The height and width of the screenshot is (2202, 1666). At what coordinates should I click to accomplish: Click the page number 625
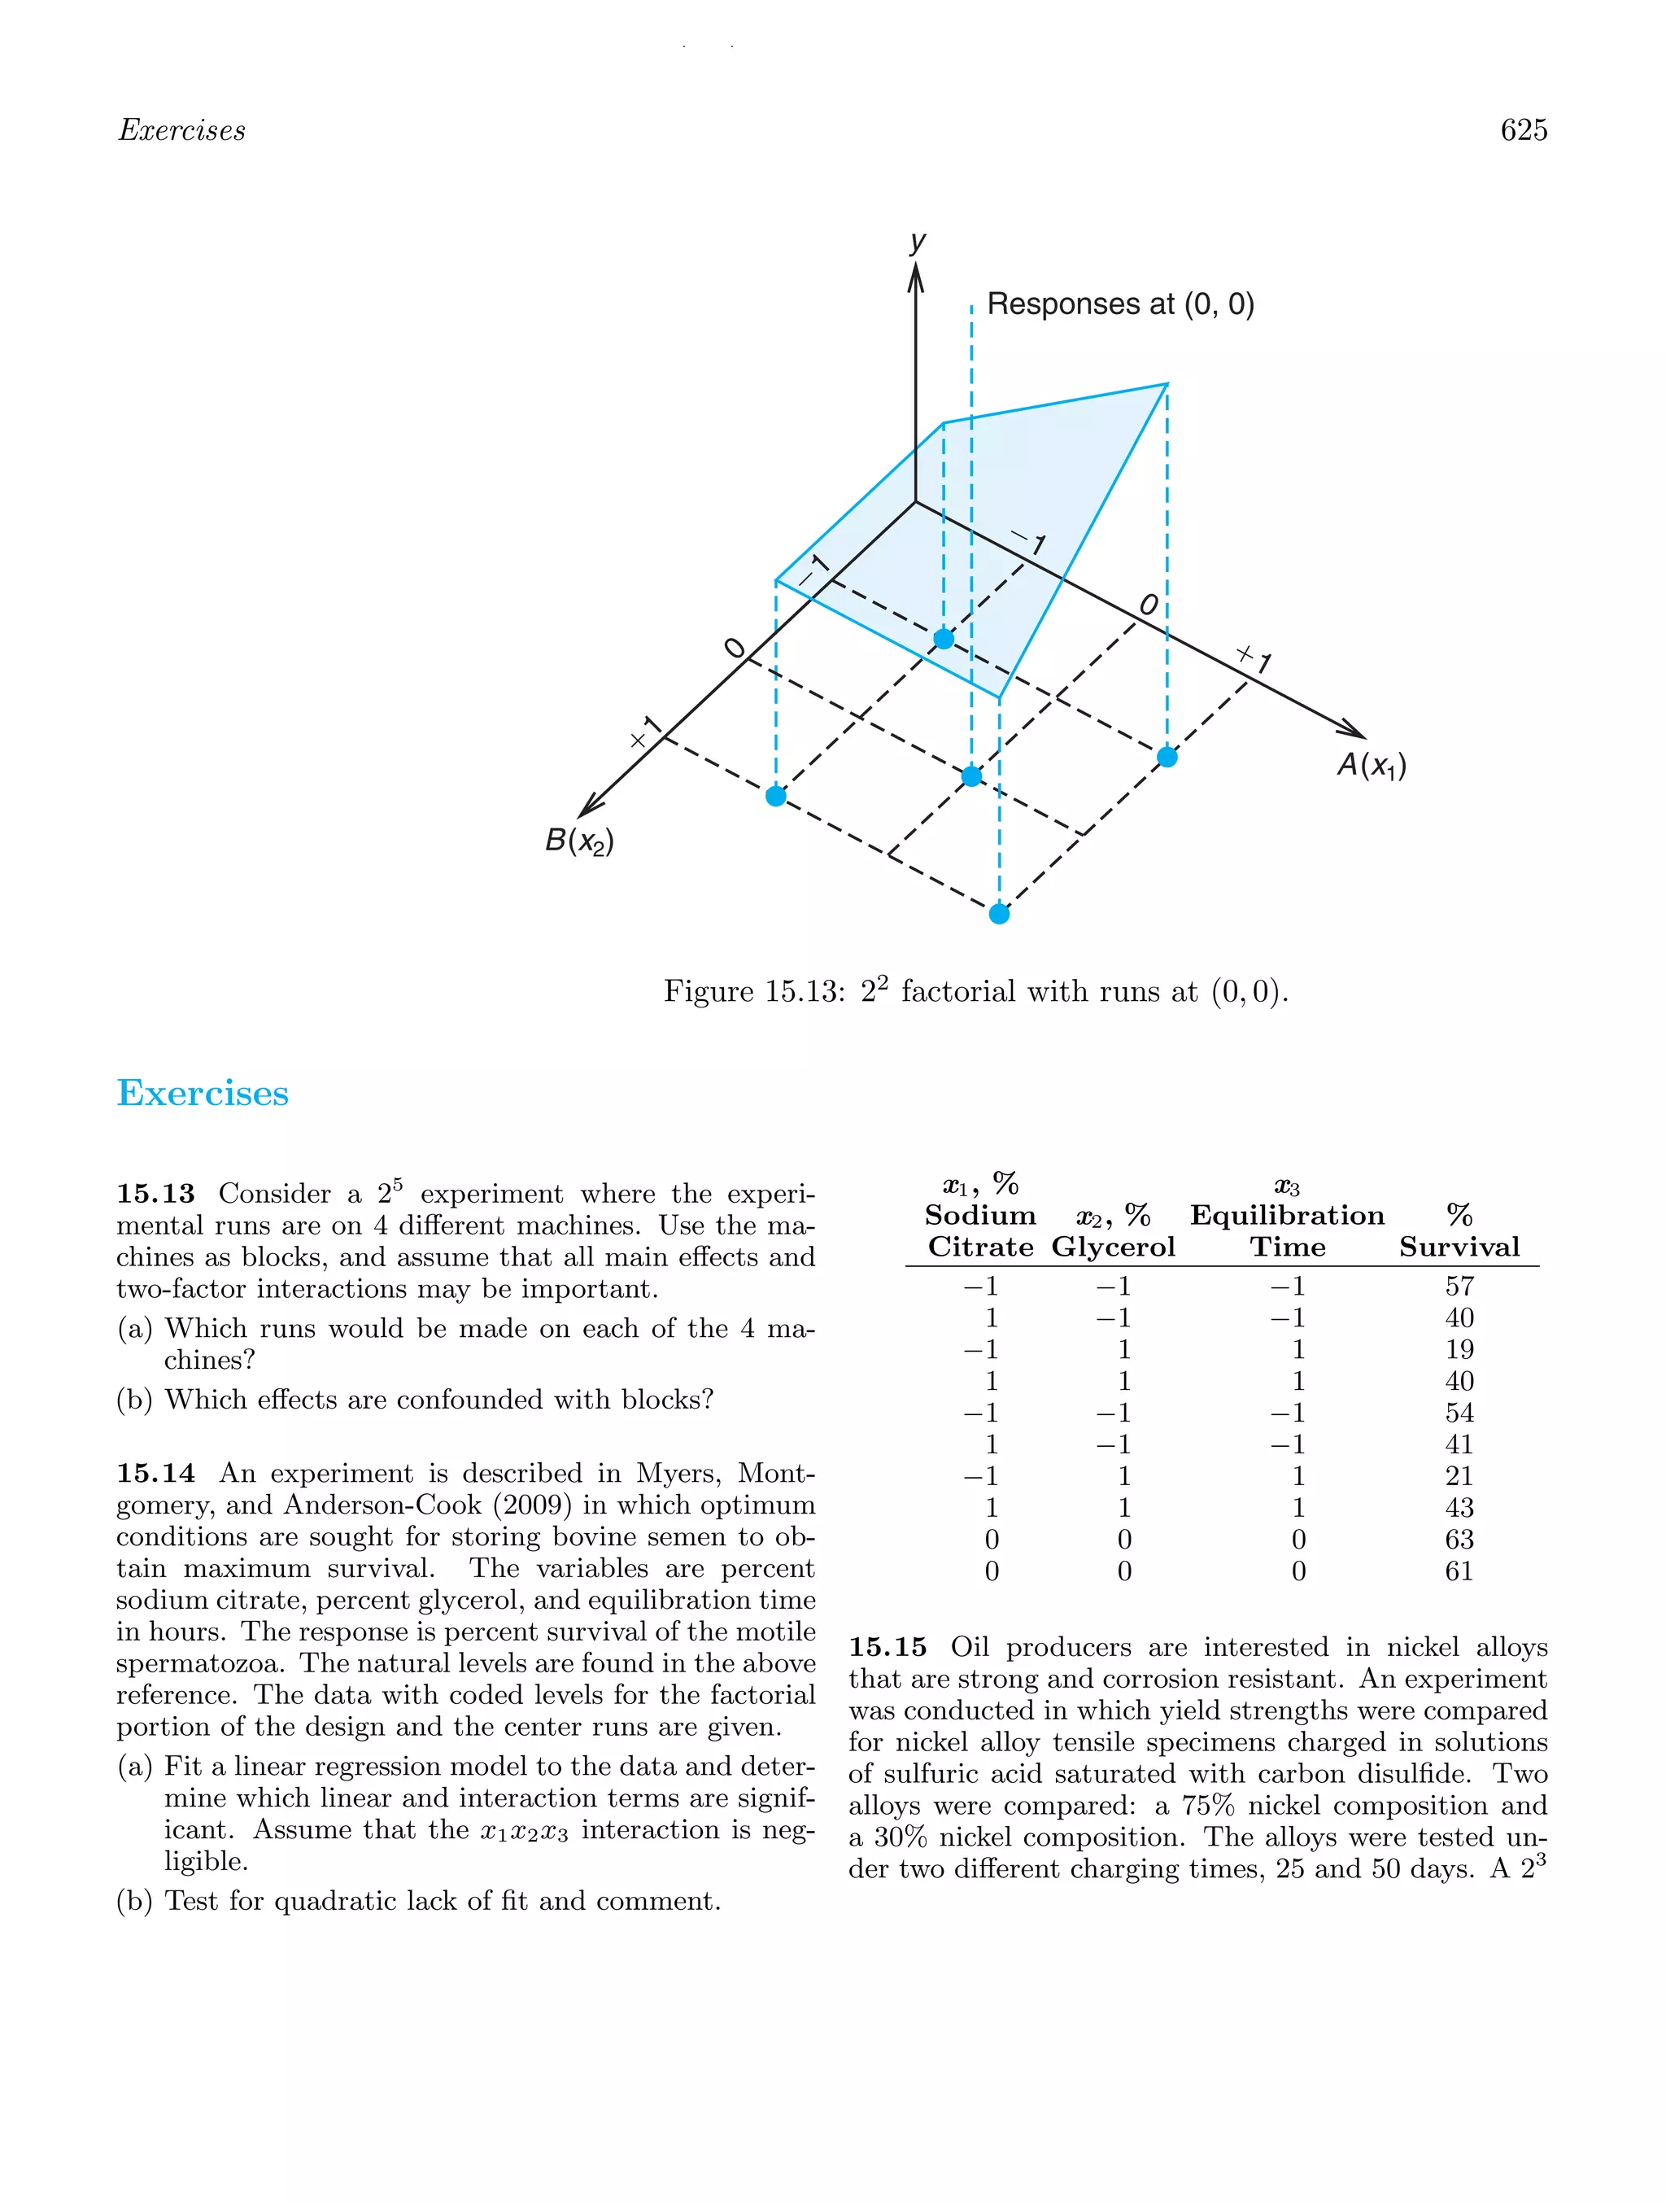1523,130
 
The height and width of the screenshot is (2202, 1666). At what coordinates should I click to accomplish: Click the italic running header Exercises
181,130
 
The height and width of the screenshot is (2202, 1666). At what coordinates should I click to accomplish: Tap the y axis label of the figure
917,241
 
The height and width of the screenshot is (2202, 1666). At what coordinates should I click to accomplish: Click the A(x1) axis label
1371,765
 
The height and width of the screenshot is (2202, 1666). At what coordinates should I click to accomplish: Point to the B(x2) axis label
578,841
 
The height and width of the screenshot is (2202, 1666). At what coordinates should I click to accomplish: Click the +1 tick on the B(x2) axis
645,732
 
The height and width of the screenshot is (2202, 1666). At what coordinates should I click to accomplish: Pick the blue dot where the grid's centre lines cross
971,776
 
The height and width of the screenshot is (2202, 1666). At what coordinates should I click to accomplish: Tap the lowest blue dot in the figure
999,914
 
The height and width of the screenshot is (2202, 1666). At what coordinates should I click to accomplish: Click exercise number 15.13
155,1194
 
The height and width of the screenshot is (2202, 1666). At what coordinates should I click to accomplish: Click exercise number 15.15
887,1648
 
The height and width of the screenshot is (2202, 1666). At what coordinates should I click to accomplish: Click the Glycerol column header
1113,1247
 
